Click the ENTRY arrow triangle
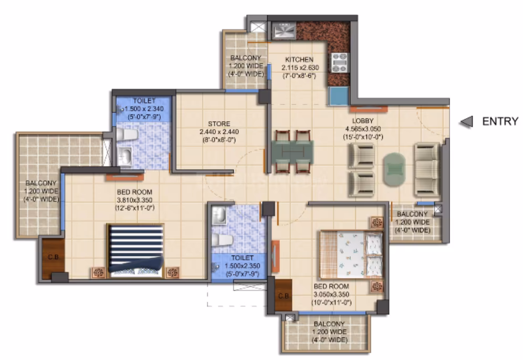(467, 122)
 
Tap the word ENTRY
(500, 121)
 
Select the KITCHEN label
(299, 60)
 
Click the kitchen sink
(284, 30)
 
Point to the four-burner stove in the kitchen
(340, 62)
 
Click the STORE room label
(219, 124)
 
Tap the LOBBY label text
(363, 121)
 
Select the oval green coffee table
(394, 170)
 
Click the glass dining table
(292, 152)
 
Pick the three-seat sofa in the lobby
(427, 169)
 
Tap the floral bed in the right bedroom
(352, 255)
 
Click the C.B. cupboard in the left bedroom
(53, 257)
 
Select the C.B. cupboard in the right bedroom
(284, 295)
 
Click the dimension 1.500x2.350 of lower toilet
(243, 266)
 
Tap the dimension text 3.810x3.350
(134, 200)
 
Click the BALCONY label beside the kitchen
(246, 58)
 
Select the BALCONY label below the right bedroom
(329, 324)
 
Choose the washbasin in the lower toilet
(219, 215)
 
